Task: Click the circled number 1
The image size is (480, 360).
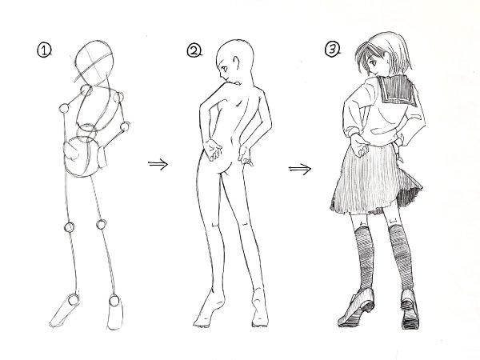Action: (44, 50)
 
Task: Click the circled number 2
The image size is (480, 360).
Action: (194, 51)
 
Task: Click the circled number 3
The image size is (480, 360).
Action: (332, 50)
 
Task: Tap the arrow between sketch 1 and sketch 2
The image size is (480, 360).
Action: (158, 164)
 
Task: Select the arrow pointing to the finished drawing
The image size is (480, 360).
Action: (299, 169)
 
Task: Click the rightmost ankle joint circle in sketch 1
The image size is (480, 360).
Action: (114, 300)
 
